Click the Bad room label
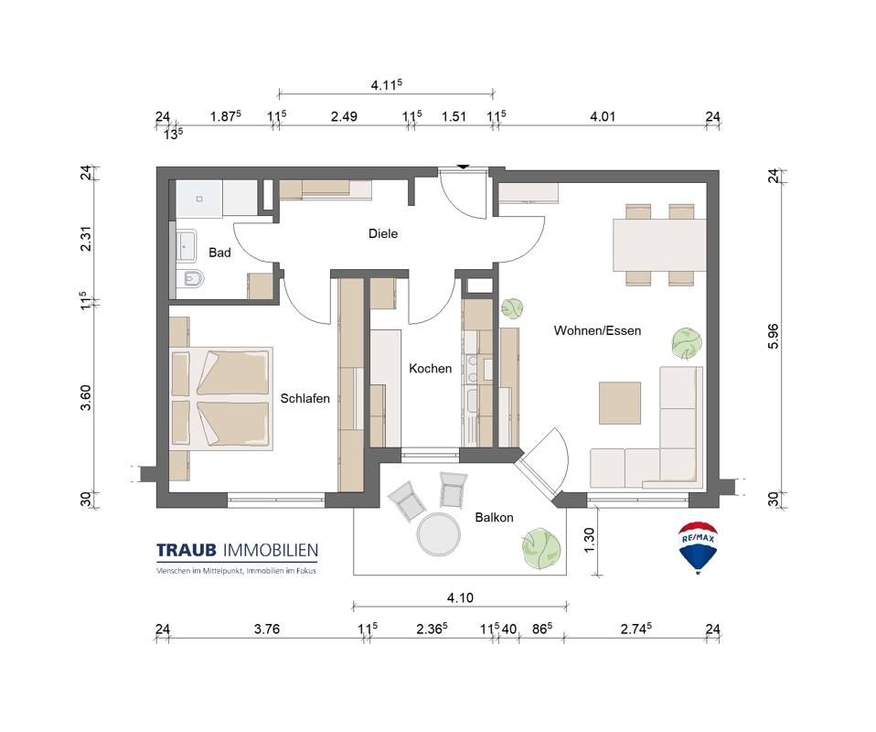point(219,253)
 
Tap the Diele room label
point(383,233)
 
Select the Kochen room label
point(430,369)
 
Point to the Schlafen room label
point(305,399)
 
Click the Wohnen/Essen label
point(597,330)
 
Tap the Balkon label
point(494,518)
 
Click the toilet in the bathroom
point(190,277)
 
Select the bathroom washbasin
point(186,245)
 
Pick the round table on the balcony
point(439,534)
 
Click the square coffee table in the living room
point(620,404)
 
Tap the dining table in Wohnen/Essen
point(660,245)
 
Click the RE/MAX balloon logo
point(698,547)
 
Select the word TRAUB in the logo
point(186,551)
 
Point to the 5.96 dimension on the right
point(774,336)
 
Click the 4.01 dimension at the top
point(603,117)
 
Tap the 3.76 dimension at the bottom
point(266,630)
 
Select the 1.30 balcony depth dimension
point(589,540)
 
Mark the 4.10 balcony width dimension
point(460,597)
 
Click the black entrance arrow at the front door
point(463,167)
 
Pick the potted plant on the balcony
point(540,549)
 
